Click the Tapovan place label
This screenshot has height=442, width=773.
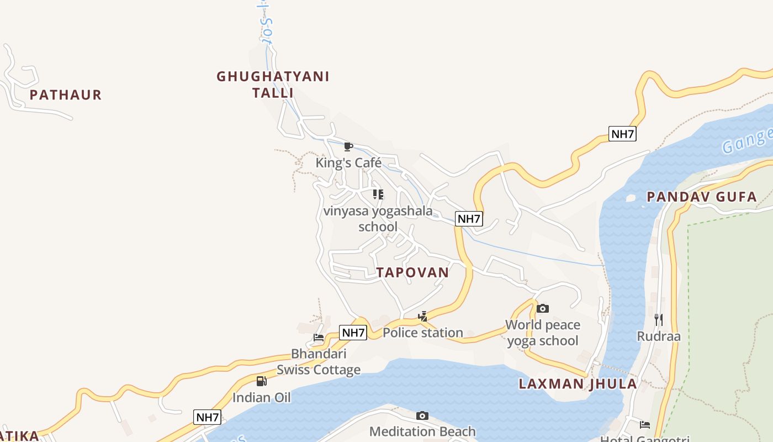tap(412, 272)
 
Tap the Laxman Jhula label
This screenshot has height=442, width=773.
tap(578, 384)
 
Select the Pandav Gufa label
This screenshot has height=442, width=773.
tap(701, 197)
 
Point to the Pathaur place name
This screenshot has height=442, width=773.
tap(66, 95)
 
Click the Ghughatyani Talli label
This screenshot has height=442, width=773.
tap(273, 85)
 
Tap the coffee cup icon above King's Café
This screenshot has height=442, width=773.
tap(348, 146)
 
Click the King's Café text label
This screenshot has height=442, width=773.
tap(348, 163)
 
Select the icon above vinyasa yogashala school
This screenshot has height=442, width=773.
tap(378, 194)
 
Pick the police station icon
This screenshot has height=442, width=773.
tap(423, 317)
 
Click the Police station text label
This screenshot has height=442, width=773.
tap(423, 333)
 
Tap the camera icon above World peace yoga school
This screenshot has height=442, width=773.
tap(543, 308)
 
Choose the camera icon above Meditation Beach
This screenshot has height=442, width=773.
tap(422, 415)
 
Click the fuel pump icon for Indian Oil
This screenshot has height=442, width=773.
tap(261, 381)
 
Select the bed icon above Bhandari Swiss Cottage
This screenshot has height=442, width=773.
tap(319, 338)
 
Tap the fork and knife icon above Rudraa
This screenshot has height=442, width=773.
tap(658, 320)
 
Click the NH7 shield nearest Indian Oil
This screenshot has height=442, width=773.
tap(208, 417)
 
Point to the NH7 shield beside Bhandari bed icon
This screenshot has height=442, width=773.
tap(353, 333)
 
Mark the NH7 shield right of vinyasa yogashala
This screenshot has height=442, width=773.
tap(469, 219)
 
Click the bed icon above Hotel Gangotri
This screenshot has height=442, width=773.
tap(644, 424)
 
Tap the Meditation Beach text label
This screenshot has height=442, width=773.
tap(422, 432)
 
